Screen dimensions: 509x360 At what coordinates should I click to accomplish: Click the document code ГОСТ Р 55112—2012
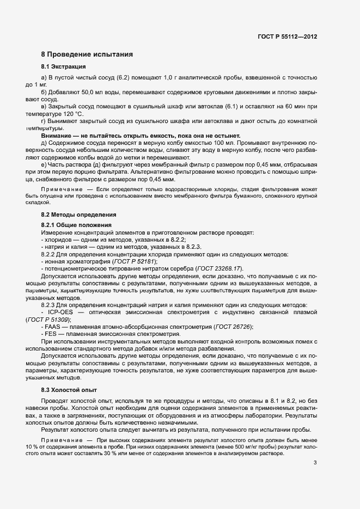click(x=287, y=36)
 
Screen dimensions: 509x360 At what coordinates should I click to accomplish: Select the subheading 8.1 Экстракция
click(x=63, y=66)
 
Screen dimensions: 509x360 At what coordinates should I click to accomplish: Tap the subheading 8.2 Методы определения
click(x=74, y=214)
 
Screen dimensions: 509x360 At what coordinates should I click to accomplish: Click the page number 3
click(x=315, y=463)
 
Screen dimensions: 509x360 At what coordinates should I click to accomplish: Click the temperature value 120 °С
click(x=72, y=114)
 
